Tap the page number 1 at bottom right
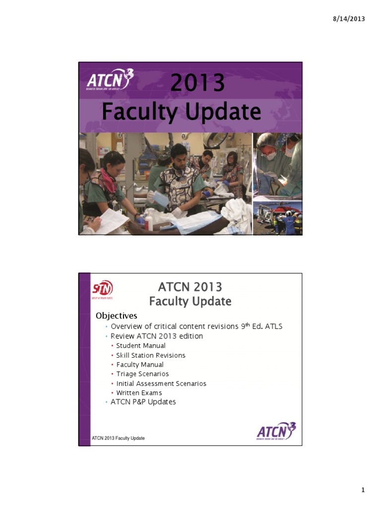(x=363, y=490)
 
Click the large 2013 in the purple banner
(x=197, y=83)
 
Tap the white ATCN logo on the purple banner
(x=110, y=81)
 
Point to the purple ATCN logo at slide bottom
(x=276, y=431)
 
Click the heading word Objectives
(x=117, y=316)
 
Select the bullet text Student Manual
(x=141, y=346)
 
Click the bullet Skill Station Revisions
(x=151, y=355)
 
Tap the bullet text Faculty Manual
(x=140, y=365)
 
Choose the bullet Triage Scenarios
(x=142, y=374)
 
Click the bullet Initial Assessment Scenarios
(x=161, y=383)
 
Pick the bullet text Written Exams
(x=139, y=393)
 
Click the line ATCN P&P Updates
(x=143, y=402)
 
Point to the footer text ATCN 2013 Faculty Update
(x=119, y=438)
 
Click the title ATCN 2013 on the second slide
(x=190, y=287)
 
